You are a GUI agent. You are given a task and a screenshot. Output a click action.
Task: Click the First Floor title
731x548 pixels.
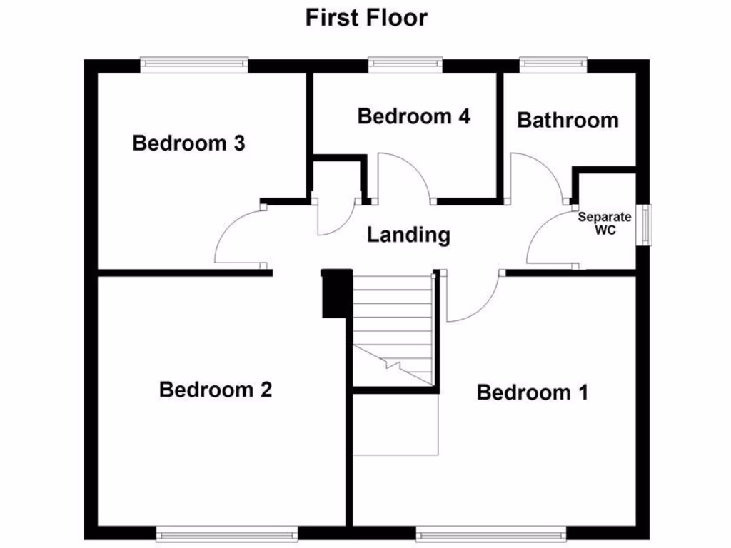pyautogui.click(x=366, y=17)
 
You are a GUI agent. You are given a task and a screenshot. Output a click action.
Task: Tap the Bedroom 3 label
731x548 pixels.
pyautogui.click(x=189, y=143)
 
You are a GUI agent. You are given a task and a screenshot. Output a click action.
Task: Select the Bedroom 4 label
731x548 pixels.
pyautogui.click(x=414, y=116)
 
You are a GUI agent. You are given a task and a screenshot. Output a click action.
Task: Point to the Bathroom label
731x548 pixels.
pyautogui.click(x=568, y=120)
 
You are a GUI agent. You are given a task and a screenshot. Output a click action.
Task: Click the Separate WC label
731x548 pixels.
pyautogui.click(x=605, y=224)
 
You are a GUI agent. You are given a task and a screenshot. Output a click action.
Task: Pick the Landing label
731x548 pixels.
pyautogui.click(x=408, y=235)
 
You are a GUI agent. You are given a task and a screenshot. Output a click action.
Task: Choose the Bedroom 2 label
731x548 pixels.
pyautogui.click(x=216, y=390)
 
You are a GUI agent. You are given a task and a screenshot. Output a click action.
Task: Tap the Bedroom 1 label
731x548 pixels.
pyautogui.click(x=533, y=392)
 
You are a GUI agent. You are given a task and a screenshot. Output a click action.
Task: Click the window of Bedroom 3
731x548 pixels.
pyautogui.click(x=194, y=65)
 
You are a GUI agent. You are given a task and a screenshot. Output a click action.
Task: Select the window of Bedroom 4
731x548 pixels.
pyautogui.click(x=405, y=65)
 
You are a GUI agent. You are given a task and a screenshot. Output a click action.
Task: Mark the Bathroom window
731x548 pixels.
pyautogui.click(x=553, y=65)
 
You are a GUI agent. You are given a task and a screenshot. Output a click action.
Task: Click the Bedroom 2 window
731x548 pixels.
pyautogui.click(x=227, y=534)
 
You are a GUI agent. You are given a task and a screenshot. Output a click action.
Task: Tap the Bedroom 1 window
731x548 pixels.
pyautogui.click(x=491, y=534)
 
